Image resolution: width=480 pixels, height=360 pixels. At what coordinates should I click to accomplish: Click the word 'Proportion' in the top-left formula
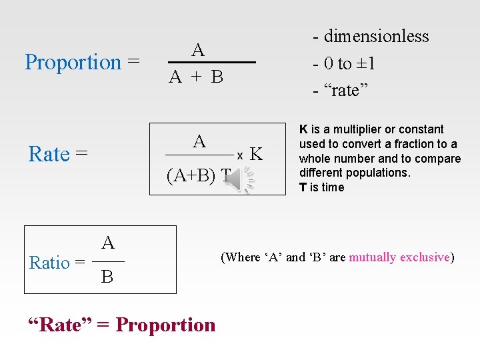(x=73, y=62)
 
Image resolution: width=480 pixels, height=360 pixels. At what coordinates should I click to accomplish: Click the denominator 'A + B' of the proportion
(x=196, y=77)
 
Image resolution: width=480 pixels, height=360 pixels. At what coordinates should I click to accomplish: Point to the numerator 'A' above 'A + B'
(x=198, y=50)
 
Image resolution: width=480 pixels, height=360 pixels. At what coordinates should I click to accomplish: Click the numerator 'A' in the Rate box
(x=199, y=141)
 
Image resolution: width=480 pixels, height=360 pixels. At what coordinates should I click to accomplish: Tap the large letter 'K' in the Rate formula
(x=257, y=155)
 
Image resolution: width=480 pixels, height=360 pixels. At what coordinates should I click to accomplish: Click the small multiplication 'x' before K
(x=239, y=155)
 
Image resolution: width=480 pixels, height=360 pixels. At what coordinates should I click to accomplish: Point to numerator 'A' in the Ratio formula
(x=108, y=243)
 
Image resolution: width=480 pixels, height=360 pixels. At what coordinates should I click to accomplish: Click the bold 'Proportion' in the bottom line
(x=166, y=325)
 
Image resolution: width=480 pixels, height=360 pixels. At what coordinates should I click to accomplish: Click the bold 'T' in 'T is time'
(x=303, y=187)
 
